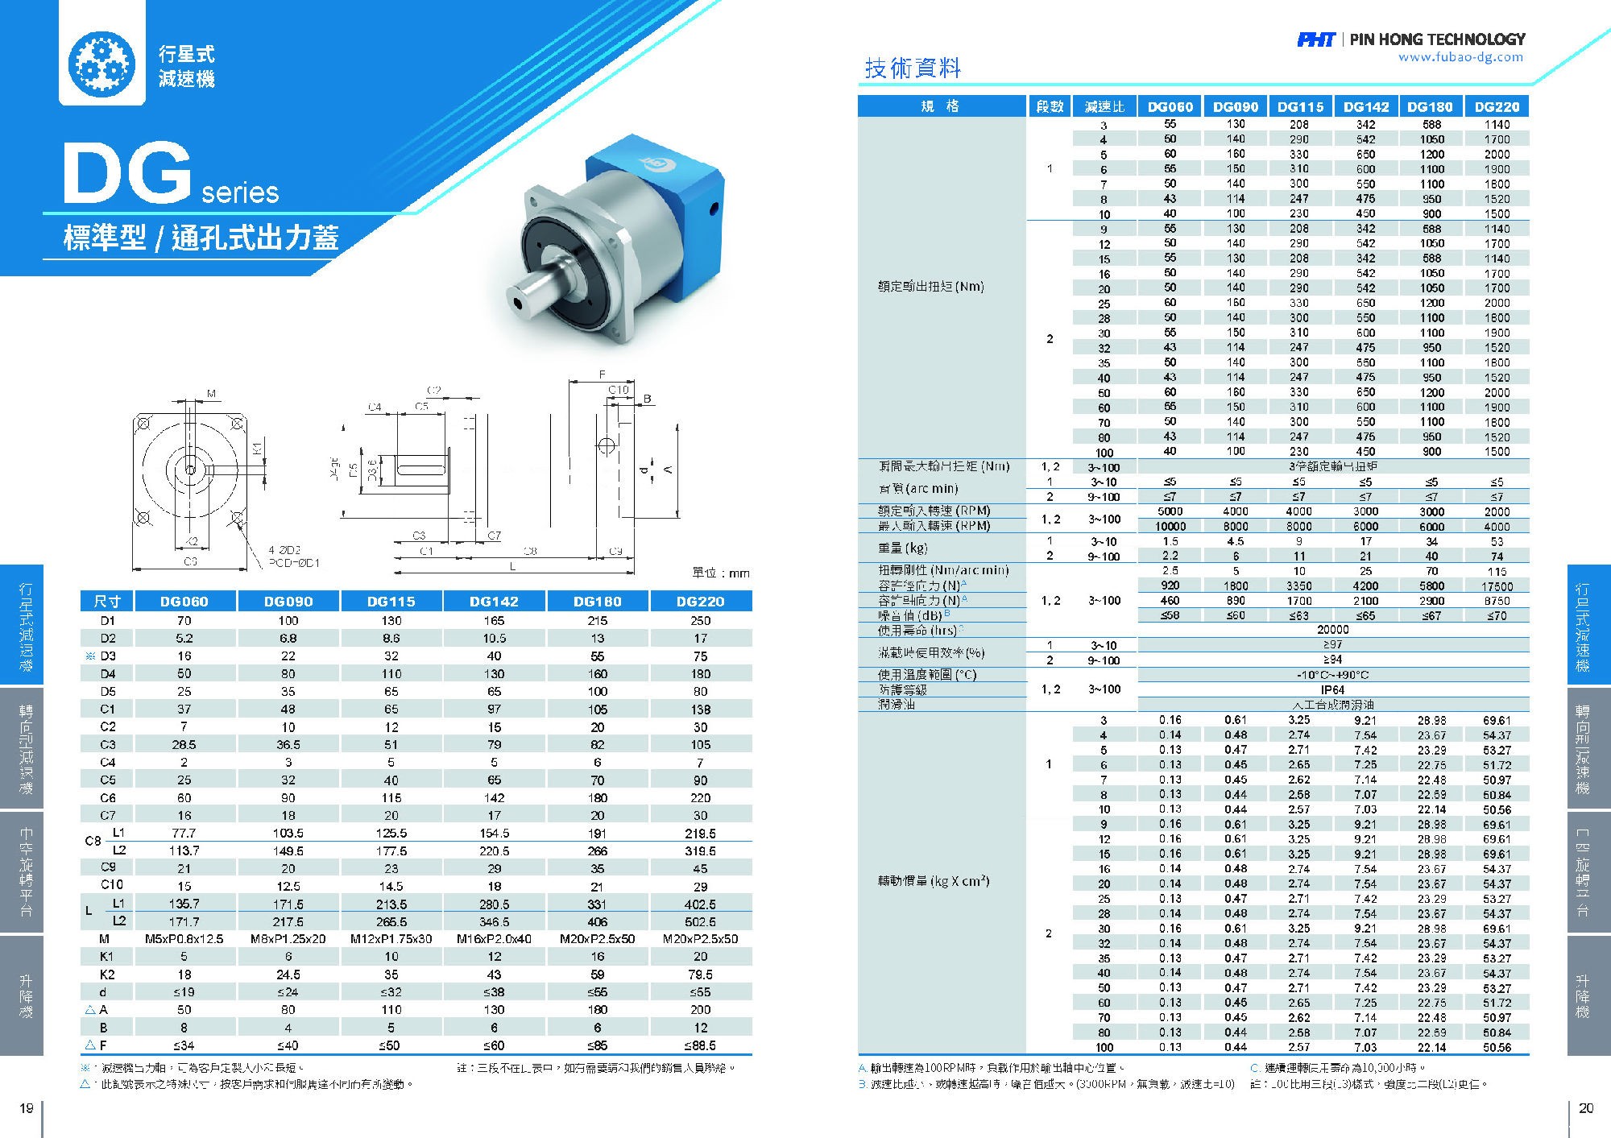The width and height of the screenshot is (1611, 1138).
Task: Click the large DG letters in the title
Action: click(126, 173)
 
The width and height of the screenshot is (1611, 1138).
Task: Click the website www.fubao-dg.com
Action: click(1460, 57)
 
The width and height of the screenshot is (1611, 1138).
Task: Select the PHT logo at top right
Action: click(1315, 39)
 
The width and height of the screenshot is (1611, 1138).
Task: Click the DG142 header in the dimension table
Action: click(494, 601)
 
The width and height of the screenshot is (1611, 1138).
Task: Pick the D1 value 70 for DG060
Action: click(184, 621)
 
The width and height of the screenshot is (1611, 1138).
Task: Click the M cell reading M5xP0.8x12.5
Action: click(184, 939)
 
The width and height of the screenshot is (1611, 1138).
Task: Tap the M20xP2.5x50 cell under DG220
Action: click(700, 939)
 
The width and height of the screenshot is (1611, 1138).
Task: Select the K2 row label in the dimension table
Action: click(107, 975)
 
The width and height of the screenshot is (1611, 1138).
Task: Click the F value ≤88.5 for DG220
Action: click(700, 1045)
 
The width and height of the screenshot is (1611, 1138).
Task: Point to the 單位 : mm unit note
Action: click(721, 573)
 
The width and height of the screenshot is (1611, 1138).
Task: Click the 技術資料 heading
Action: click(913, 68)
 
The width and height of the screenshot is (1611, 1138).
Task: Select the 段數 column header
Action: click(1050, 106)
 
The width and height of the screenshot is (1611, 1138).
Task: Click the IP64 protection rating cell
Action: click(1332, 690)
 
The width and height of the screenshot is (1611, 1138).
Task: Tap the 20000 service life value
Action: click(1332, 630)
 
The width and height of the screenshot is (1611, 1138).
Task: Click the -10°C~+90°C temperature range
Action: click(1332, 675)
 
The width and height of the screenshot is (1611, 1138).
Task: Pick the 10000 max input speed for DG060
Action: click(1170, 527)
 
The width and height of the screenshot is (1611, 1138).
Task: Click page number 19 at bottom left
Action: click(26, 1108)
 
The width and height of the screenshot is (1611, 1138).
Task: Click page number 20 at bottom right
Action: click(1585, 1108)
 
